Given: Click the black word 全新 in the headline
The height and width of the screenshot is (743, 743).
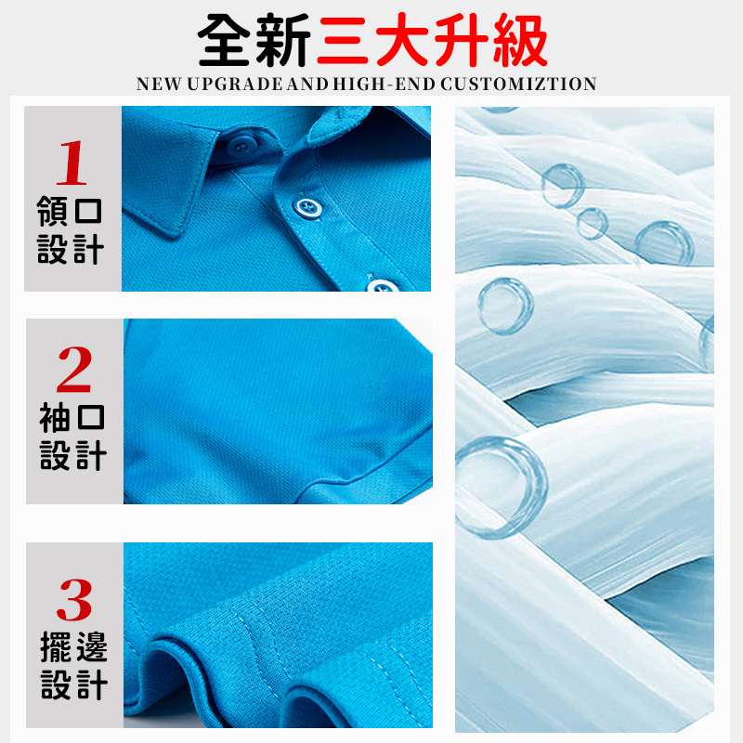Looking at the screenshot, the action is pos(254,40).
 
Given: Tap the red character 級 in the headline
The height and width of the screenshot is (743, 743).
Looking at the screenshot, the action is pos(520,40).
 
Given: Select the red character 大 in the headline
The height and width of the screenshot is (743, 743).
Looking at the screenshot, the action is pos(402,40).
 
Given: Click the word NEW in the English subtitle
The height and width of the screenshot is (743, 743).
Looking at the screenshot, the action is pos(159,84).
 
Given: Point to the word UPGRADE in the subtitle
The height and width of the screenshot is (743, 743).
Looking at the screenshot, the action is pos(235,84).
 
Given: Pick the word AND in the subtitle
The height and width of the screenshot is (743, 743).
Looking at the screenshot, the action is pos(307,84).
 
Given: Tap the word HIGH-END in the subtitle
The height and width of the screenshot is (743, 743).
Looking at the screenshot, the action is pos(385,84).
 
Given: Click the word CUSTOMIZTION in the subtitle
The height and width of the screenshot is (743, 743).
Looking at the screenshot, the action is pos(518,84).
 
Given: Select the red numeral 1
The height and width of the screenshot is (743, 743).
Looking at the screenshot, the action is pos(72,163).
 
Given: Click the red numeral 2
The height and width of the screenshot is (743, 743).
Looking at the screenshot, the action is pos(74,369).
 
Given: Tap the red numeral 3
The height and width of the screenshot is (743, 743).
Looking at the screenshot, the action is pos(74,599).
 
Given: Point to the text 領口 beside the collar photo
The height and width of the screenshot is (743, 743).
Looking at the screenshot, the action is pos(70,211).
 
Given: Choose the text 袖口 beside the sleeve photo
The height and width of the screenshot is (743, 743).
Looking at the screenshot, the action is pos(72,417).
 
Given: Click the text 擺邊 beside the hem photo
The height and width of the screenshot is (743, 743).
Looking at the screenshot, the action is pos(74,646).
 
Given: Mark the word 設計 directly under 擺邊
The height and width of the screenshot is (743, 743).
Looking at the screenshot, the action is pos(74,684).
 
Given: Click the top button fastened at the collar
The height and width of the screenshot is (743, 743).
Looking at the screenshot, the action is pos(242,146).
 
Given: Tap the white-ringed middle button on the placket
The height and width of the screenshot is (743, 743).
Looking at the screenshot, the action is pos(307,207).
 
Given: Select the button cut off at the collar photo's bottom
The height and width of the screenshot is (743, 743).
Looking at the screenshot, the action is pos(382,286).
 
